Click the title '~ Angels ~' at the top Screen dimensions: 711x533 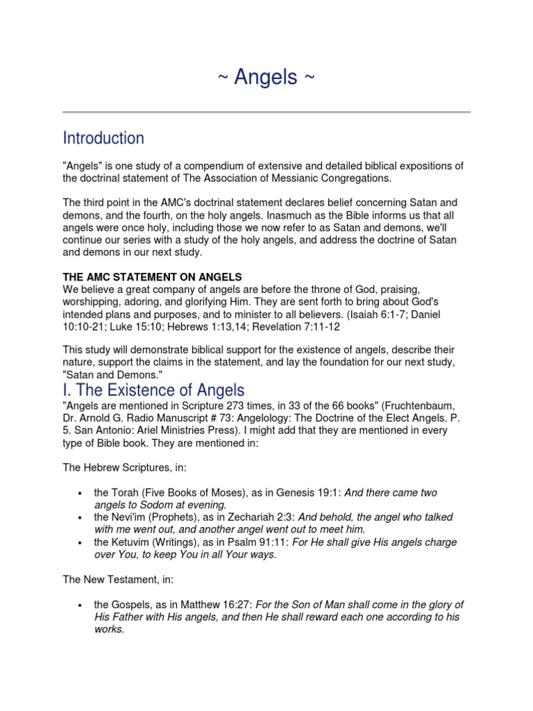266,78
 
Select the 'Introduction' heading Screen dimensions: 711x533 103,138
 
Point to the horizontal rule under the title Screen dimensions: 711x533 266,112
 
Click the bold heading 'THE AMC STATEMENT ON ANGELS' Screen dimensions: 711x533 152,277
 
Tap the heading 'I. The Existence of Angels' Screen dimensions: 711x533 153,390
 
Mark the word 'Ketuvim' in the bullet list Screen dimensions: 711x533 130,543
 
